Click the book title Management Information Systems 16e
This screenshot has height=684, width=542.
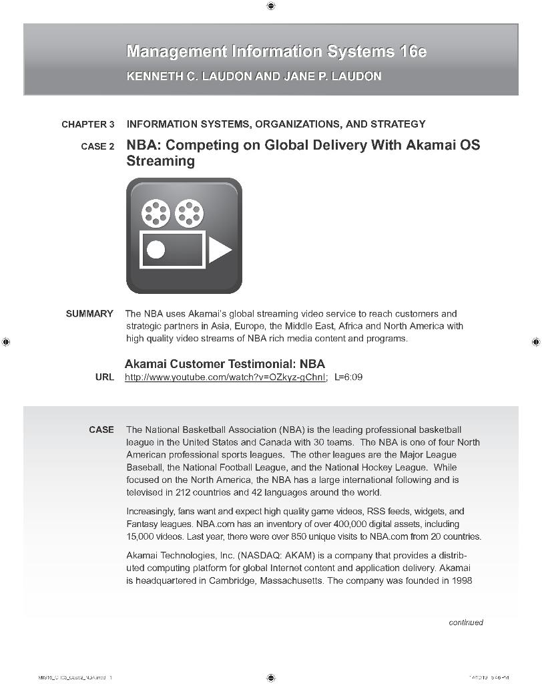click(x=276, y=51)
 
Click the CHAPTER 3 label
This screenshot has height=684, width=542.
click(x=87, y=124)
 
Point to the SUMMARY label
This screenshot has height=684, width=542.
click(x=89, y=314)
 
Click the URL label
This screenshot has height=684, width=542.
click(x=105, y=377)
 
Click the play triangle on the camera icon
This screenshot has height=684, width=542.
click(x=220, y=250)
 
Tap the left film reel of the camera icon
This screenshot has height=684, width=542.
click(x=156, y=212)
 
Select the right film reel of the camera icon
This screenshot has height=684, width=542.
click(x=190, y=212)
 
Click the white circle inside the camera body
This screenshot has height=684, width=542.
click(x=156, y=250)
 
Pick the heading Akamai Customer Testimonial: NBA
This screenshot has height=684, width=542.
click(x=225, y=364)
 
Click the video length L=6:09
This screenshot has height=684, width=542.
click(x=348, y=377)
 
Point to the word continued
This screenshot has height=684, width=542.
click(x=465, y=623)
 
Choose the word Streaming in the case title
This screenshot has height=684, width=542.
click(x=160, y=162)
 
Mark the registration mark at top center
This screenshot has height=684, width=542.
click(x=271, y=6)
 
